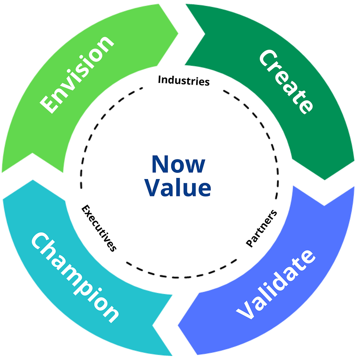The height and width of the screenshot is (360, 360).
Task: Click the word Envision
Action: point(78,74)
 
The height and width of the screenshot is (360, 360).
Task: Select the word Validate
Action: point(276,285)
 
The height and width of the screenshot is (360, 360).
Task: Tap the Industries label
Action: point(184,80)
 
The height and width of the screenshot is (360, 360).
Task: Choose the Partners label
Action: point(262,228)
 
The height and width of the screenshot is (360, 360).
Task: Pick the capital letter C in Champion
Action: point(40,242)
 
